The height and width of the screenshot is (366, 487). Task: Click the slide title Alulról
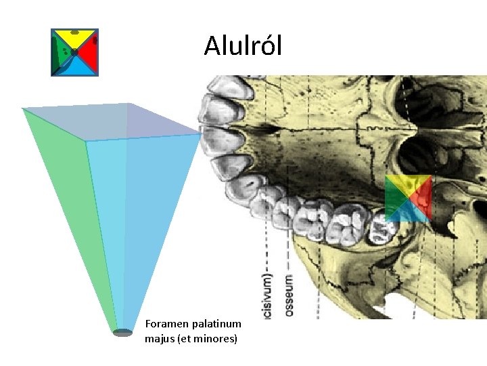[243, 46]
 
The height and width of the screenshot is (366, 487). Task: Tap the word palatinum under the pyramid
[216, 325]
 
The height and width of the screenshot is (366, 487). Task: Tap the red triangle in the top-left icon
[89, 53]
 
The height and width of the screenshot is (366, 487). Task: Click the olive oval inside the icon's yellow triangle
[75, 33]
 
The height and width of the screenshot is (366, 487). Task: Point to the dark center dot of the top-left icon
[74, 52]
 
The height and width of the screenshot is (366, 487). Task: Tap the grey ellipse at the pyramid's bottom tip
[122, 332]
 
